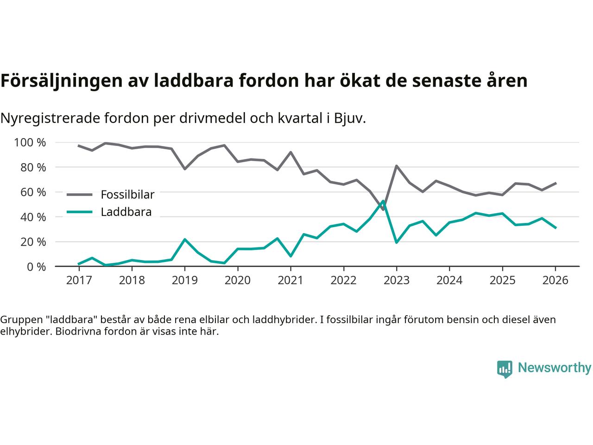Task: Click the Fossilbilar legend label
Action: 127,194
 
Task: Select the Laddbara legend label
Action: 126,212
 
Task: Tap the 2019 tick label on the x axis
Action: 185,280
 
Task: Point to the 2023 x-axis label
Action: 396,280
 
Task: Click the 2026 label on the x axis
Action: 555,280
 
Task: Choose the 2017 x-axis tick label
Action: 79,280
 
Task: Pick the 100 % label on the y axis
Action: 30,142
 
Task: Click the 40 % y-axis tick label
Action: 34,217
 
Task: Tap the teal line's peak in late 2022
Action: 383,201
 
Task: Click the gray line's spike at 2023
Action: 397,166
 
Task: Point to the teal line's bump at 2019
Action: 185,239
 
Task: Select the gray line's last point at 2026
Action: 555,183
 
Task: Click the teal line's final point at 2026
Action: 555,228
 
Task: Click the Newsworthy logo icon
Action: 505,369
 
